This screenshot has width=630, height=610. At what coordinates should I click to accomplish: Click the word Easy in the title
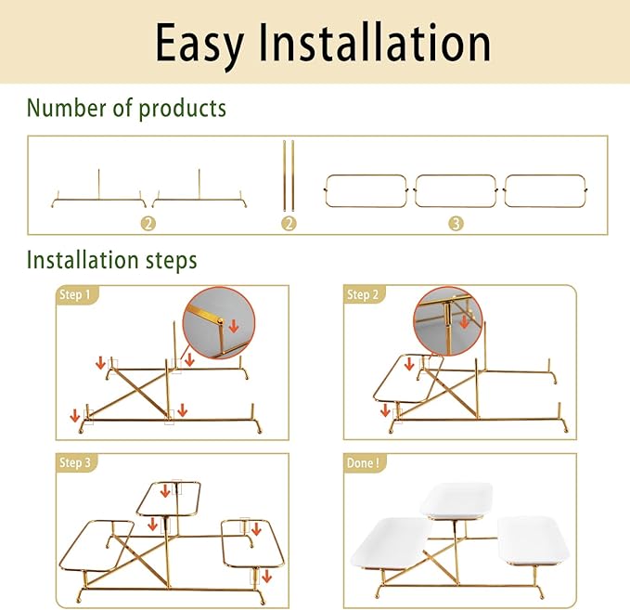click(199, 44)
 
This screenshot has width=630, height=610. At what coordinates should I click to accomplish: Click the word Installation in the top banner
click(375, 42)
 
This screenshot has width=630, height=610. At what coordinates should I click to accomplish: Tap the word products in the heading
click(182, 109)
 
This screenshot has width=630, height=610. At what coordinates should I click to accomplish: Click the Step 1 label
click(75, 294)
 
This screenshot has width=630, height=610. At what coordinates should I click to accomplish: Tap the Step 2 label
click(363, 294)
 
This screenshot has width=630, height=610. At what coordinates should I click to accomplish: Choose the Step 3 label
click(75, 462)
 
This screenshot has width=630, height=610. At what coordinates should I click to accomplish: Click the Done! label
click(363, 462)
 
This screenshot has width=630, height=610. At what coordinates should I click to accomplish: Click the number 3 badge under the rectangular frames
click(456, 223)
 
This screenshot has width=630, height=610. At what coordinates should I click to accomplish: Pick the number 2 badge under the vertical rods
click(289, 223)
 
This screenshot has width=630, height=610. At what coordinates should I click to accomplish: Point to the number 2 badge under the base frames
click(148, 223)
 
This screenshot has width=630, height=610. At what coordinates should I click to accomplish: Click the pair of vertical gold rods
click(289, 175)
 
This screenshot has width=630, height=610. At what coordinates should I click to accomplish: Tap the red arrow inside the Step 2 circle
click(465, 321)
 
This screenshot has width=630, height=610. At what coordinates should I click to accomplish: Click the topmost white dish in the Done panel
click(456, 500)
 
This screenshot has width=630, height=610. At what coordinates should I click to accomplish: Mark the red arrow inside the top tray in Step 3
click(165, 490)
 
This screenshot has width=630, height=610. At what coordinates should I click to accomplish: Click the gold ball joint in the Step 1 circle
click(220, 321)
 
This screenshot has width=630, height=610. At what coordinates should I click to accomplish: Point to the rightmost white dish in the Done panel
click(534, 541)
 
